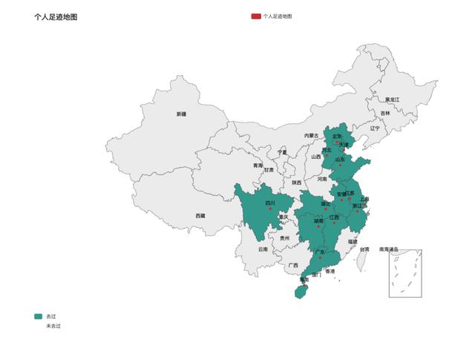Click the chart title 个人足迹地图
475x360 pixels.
pos(56,16)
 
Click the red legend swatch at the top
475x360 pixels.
pos(256,16)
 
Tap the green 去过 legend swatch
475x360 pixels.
pos(39,316)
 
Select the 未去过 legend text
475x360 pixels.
pos(53,326)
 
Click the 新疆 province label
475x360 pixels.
pos(182,114)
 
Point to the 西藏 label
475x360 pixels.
pos(200,215)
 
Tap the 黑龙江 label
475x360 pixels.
pos(392,99)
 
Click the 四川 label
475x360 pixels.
pos(270,202)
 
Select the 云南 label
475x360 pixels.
pos(263,249)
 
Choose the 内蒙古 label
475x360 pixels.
pos(311,136)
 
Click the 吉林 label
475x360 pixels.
pos(384,113)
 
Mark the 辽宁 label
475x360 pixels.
pos(375,128)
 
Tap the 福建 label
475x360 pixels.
pos(353,241)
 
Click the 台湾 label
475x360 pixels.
pos(364,249)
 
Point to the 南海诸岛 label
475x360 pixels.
pos(388,249)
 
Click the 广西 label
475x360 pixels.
pos(293,265)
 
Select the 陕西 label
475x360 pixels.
pos(296,182)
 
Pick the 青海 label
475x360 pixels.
pos(258,165)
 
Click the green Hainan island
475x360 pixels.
pos(300,292)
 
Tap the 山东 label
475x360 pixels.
pos(340,159)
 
